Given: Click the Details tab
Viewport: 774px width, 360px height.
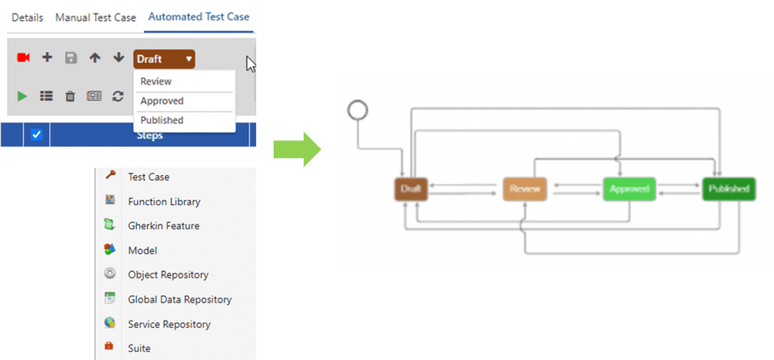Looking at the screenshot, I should click(x=27, y=17).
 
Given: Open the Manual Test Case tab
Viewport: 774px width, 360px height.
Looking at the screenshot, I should click(x=95, y=17).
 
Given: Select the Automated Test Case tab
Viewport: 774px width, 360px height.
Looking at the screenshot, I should click(x=199, y=17).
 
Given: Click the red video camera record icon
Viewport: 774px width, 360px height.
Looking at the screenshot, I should click(x=23, y=58).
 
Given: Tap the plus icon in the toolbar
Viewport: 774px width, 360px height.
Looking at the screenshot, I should click(x=47, y=58).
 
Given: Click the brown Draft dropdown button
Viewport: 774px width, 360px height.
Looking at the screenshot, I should click(x=164, y=59).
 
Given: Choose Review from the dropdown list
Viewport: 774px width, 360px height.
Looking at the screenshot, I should click(x=156, y=82).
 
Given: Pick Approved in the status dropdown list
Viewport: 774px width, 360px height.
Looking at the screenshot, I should click(x=162, y=101).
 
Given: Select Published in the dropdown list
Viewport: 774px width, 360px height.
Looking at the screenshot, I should click(x=162, y=120).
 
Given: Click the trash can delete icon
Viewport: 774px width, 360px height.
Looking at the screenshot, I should click(x=70, y=96).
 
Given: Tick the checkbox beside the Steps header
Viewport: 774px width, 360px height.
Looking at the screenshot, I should click(x=36, y=135).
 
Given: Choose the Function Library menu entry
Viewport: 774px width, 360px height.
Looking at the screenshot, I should click(x=163, y=202).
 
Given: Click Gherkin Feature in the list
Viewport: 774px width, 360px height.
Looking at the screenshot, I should click(x=163, y=226).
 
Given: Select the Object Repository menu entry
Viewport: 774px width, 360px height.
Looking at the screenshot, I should click(x=168, y=275).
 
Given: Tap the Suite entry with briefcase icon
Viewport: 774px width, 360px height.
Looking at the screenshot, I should click(x=139, y=349).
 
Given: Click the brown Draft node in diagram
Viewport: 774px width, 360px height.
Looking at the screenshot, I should click(x=411, y=189).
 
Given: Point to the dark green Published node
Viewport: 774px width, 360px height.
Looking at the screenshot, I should click(x=728, y=189).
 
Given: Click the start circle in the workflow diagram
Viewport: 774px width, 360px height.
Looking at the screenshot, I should click(x=357, y=111).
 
